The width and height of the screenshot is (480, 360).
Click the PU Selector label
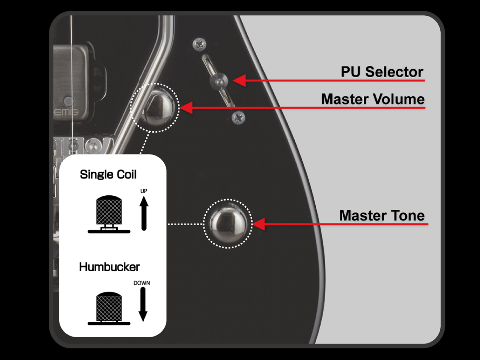(382, 72)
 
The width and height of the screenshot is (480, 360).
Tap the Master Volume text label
(373, 99)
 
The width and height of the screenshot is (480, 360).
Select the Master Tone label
(382, 216)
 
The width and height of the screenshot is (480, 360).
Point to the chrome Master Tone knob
(228, 223)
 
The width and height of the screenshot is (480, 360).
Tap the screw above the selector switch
(199, 45)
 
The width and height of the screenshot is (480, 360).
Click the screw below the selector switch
(238, 118)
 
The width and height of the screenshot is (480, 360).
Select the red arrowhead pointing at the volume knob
(186, 108)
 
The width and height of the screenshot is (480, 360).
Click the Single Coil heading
(108, 174)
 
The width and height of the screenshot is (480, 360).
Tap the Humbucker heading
(109, 267)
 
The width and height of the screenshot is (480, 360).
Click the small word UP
(144, 191)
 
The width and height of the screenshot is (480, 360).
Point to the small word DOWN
(142, 283)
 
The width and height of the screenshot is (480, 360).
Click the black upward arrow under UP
(144, 213)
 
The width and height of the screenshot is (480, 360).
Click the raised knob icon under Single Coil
(109, 214)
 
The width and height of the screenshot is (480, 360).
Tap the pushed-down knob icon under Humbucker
(109, 308)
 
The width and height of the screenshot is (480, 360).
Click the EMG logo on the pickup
(66, 112)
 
